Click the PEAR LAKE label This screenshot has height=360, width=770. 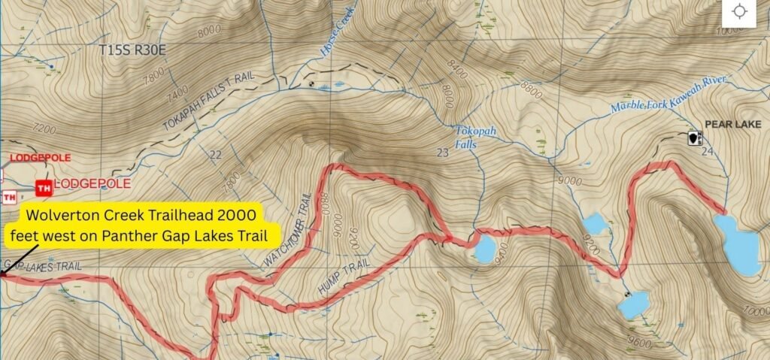[x=732, y=124]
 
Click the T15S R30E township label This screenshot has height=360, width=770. [x=131, y=50]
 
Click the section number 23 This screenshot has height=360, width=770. [x=442, y=154]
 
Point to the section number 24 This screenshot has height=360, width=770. [x=705, y=152]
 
